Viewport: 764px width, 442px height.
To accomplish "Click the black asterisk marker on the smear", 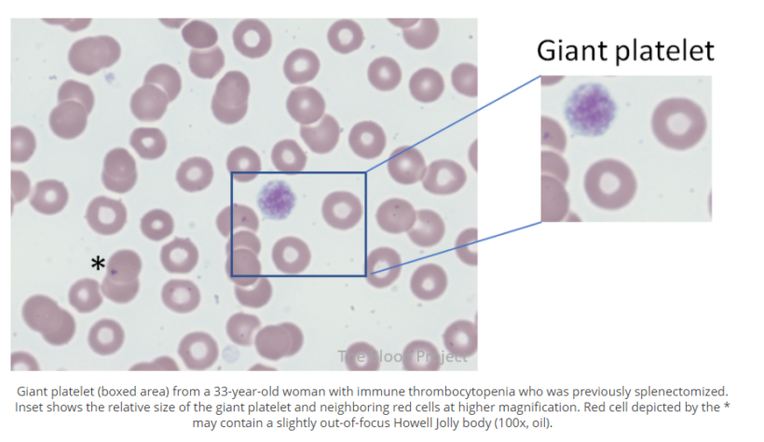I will click(x=98, y=263).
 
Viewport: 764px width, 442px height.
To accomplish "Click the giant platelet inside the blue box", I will click(x=276, y=199).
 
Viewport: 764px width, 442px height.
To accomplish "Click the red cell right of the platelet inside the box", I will click(x=342, y=210).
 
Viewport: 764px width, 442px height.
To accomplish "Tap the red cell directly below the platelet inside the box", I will click(x=290, y=253).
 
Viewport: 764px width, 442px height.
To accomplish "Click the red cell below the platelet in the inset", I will click(x=610, y=184).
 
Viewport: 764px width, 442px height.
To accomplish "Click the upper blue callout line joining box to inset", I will click(x=454, y=124).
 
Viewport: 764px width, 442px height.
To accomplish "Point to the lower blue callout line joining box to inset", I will click(x=456, y=247).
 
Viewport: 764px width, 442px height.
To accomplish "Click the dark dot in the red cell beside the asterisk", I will click(x=113, y=272).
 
